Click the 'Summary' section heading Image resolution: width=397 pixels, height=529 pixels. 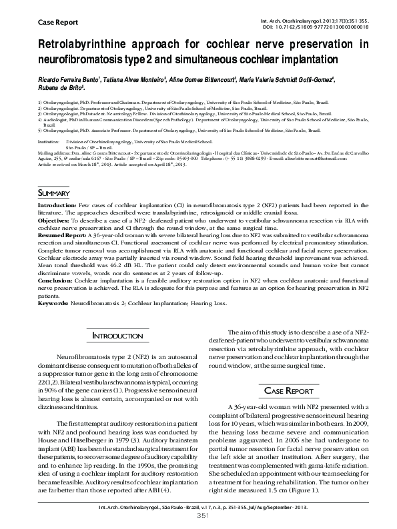(53, 193)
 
